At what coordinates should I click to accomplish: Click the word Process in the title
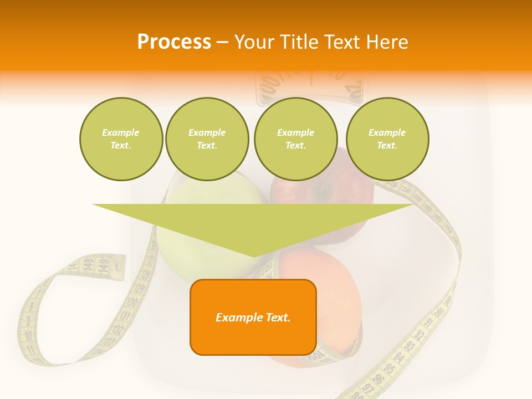(x=174, y=42)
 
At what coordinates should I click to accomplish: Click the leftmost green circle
(x=121, y=139)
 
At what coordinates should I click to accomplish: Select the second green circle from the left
(x=207, y=139)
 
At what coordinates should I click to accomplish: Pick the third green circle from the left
(x=295, y=139)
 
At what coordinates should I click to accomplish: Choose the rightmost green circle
(x=387, y=139)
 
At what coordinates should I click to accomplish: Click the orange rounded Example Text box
(x=253, y=317)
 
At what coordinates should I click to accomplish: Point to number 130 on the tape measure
(x=131, y=303)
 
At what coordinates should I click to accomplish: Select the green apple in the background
(x=188, y=244)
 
